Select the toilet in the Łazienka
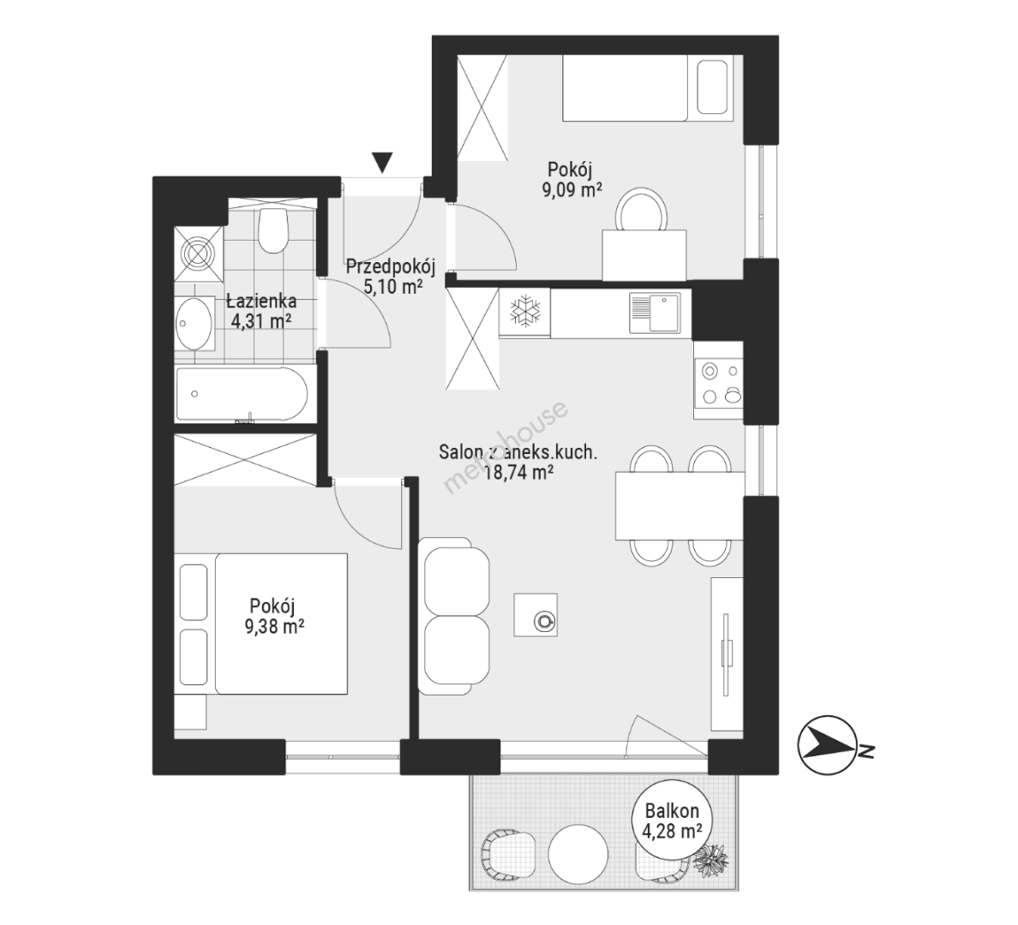272,230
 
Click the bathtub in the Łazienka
241,395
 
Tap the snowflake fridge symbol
524,312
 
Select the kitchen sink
655,313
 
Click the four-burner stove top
719,383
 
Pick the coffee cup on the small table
543,621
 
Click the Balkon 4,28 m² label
671,821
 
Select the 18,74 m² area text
518,473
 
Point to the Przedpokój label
390,266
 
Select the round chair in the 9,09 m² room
642,211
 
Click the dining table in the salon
680,506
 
